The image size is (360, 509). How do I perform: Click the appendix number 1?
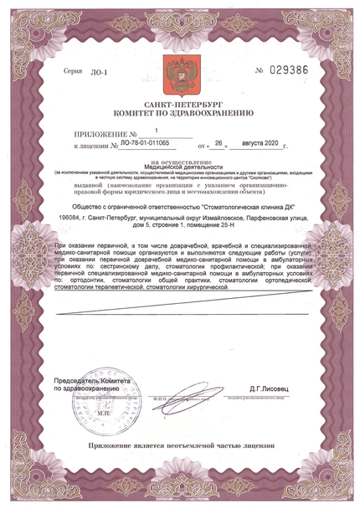[x=154, y=131]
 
